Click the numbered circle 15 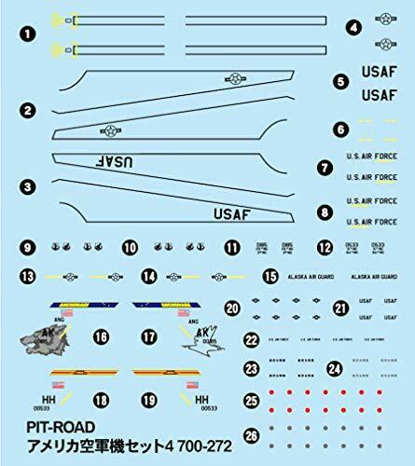(x=270, y=276)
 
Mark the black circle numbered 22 (x=252, y=339)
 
